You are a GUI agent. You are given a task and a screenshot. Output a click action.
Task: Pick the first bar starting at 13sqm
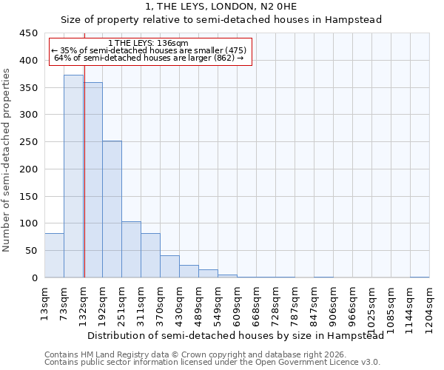(54, 255)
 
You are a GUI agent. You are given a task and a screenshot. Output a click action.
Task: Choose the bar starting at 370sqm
(169, 266)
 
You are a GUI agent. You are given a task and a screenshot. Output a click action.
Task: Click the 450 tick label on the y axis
(28, 33)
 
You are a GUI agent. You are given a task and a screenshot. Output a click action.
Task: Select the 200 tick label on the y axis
(28, 169)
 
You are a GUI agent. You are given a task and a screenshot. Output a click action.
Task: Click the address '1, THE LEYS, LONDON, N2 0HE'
(221, 7)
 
